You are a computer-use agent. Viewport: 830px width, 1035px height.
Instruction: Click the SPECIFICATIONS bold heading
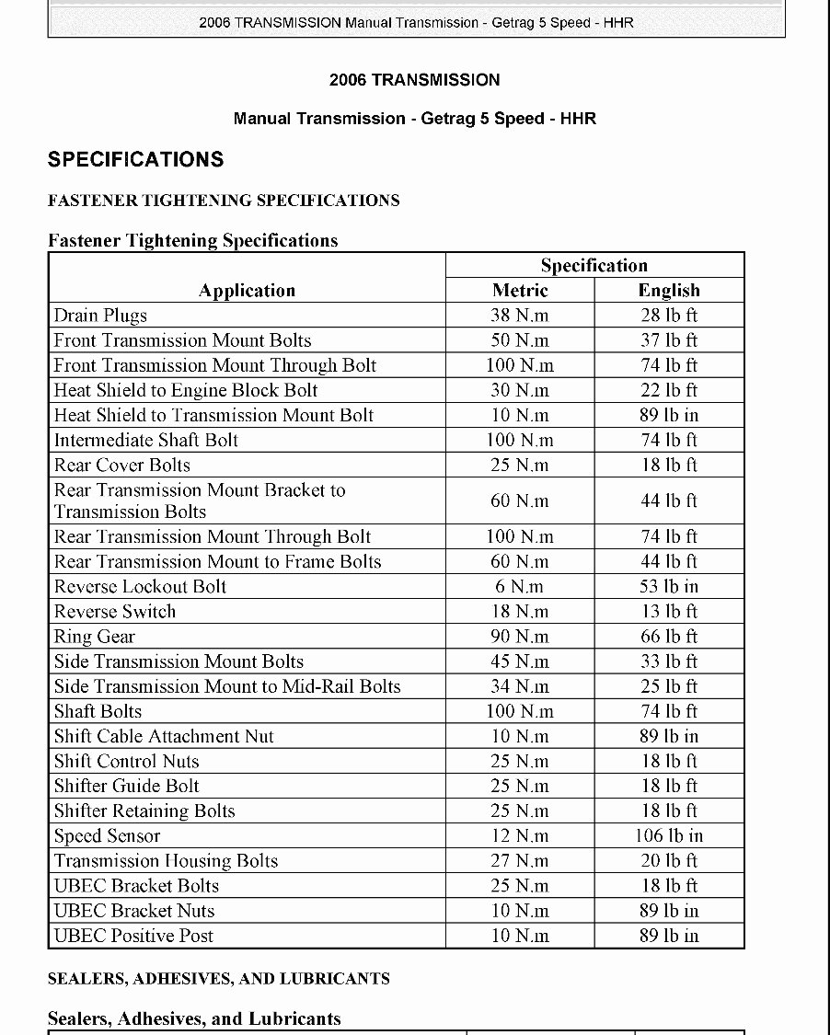coord(135,159)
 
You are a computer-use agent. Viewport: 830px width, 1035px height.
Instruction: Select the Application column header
coord(247,291)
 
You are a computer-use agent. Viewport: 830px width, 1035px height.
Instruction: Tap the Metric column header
coord(520,291)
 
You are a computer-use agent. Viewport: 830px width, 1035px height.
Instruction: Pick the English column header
coord(669,291)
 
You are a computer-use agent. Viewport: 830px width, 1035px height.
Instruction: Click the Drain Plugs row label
coord(100,316)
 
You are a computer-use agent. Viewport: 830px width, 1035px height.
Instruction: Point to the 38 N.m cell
coord(520,316)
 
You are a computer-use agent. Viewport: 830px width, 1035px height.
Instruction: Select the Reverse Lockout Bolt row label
coord(140,587)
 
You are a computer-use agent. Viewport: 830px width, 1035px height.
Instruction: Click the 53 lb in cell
coord(669,587)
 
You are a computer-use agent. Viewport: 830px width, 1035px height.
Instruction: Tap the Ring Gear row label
coord(95,637)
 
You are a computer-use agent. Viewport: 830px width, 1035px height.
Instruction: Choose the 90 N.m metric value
coord(520,637)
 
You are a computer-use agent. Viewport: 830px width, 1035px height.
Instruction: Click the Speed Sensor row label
coord(107,836)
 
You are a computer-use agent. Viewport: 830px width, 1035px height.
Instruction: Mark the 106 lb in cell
coord(669,836)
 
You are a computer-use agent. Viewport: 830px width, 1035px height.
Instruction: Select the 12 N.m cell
coord(520,836)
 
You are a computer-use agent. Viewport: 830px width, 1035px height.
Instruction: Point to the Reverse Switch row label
coord(115,612)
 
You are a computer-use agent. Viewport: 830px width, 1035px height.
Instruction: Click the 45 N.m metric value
coord(520,661)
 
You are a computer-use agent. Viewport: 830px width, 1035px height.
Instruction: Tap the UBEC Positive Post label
coord(133,936)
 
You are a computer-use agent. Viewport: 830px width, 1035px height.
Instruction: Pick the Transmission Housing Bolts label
coord(166,861)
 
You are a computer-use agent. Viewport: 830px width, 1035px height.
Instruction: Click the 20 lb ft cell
coord(669,861)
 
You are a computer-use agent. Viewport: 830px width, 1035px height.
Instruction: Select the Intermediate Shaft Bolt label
coord(145,440)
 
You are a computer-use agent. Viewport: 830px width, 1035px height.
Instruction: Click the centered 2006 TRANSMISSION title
coord(415,80)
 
